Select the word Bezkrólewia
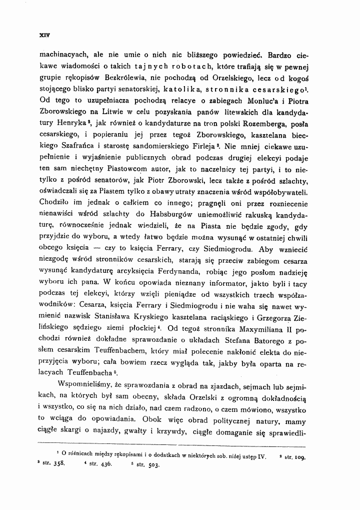pyautogui.click(x=124, y=78)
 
